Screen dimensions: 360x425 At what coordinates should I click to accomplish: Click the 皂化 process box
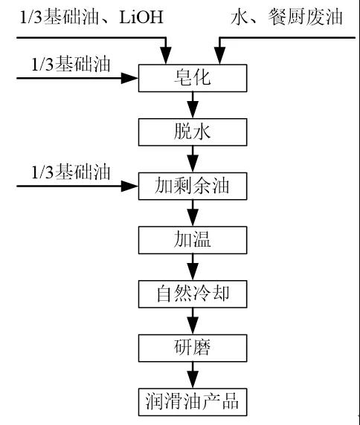click(x=193, y=78)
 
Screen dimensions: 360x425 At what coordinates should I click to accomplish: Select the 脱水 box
click(x=193, y=132)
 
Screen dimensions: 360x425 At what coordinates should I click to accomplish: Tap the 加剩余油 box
click(x=193, y=186)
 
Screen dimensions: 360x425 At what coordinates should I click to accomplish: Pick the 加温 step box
click(x=193, y=240)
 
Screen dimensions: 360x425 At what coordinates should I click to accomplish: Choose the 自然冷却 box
click(x=193, y=294)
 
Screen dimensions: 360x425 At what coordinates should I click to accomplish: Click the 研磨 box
click(x=193, y=348)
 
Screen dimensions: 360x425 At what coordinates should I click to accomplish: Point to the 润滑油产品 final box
click(x=193, y=402)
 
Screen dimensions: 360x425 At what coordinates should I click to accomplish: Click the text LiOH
click(x=141, y=17)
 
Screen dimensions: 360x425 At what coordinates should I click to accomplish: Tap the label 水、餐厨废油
click(x=286, y=17)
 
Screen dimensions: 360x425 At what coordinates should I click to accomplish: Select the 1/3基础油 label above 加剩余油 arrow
click(x=71, y=172)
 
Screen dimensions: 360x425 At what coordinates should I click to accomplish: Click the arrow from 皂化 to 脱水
click(x=193, y=106)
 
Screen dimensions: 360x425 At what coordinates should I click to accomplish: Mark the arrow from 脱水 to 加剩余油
click(x=193, y=159)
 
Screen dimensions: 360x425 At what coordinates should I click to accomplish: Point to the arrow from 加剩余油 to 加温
click(x=193, y=213)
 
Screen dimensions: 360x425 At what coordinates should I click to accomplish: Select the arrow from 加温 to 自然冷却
click(x=193, y=267)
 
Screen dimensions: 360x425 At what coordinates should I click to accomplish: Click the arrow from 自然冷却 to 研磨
click(x=193, y=321)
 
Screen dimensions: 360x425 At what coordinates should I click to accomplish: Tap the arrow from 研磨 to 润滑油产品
click(x=193, y=375)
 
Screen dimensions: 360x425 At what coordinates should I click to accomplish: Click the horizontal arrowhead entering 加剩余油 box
click(x=129, y=186)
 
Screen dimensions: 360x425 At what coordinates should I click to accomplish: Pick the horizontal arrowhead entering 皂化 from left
click(x=129, y=78)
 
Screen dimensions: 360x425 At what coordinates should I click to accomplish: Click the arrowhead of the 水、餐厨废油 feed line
click(x=219, y=56)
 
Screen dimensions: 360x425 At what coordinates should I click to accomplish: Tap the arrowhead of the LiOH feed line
click(x=166, y=56)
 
